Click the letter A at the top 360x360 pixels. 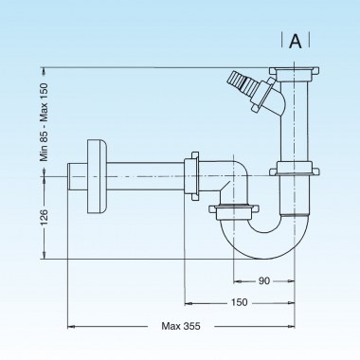tap(296, 41)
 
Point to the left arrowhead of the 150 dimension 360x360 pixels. tap(187, 303)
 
